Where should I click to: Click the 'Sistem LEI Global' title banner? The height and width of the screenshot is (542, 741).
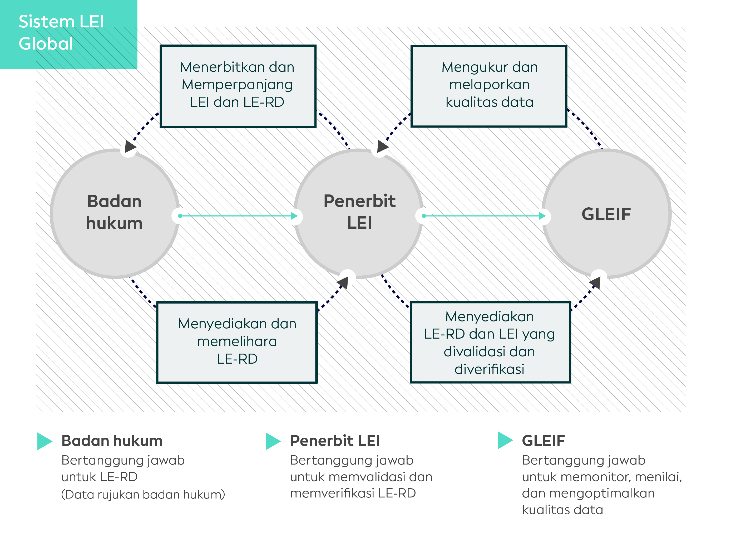click(x=68, y=35)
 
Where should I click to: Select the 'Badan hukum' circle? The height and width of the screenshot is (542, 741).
click(x=115, y=214)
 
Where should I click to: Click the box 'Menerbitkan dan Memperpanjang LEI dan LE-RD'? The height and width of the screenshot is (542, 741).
click(x=238, y=86)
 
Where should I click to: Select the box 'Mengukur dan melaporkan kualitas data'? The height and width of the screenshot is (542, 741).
click(x=489, y=86)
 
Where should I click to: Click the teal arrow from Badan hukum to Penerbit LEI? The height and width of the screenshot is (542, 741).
click(x=238, y=216)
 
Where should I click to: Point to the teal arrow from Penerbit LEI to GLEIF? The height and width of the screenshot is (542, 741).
click(x=484, y=216)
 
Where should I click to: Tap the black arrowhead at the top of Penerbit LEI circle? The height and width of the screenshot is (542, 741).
click(x=383, y=146)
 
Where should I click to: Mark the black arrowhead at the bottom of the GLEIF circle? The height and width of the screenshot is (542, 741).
click(x=595, y=282)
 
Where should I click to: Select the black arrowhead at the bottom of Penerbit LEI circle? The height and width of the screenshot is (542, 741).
click(x=343, y=282)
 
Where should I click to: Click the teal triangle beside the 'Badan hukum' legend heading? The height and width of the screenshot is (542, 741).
click(x=45, y=441)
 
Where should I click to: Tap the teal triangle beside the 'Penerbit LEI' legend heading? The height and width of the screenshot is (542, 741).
click(x=273, y=441)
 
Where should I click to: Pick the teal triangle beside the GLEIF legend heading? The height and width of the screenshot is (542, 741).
click(x=505, y=440)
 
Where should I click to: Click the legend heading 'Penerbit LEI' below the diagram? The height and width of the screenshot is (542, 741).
click(x=335, y=441)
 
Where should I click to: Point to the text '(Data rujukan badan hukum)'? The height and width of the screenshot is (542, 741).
click(x=143, y=494)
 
